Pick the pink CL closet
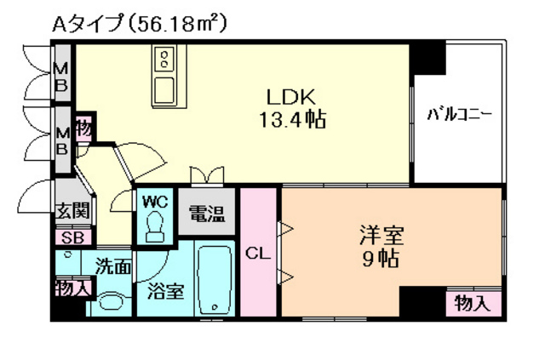259,252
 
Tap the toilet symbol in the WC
155,226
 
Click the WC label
154,202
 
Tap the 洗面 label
112,266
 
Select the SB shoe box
72,238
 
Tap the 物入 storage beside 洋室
472,302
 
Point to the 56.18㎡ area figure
180,24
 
